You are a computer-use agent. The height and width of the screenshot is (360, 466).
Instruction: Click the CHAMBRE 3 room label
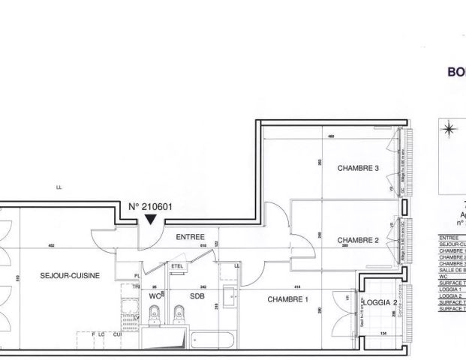click(x=357, y=168)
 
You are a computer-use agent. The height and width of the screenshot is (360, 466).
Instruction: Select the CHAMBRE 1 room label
click(x=288, y=299)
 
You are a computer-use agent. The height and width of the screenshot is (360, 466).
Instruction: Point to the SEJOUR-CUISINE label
click(x=65, y=275)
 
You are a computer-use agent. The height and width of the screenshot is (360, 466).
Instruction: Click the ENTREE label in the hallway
click(x=190, y=237)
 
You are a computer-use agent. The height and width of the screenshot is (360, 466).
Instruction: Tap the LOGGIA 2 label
click(x=382, y=302)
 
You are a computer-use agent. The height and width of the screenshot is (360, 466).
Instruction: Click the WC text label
click(x=155, y=295)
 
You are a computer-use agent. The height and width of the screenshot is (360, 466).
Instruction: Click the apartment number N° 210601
click(x=151, y=205)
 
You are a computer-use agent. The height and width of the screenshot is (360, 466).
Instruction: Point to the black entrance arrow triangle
click(x=151, y=219)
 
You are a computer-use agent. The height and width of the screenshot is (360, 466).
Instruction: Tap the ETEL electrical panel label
click(x=177, y=266)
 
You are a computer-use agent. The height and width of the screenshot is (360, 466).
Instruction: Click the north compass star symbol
click(x=449, y=129)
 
